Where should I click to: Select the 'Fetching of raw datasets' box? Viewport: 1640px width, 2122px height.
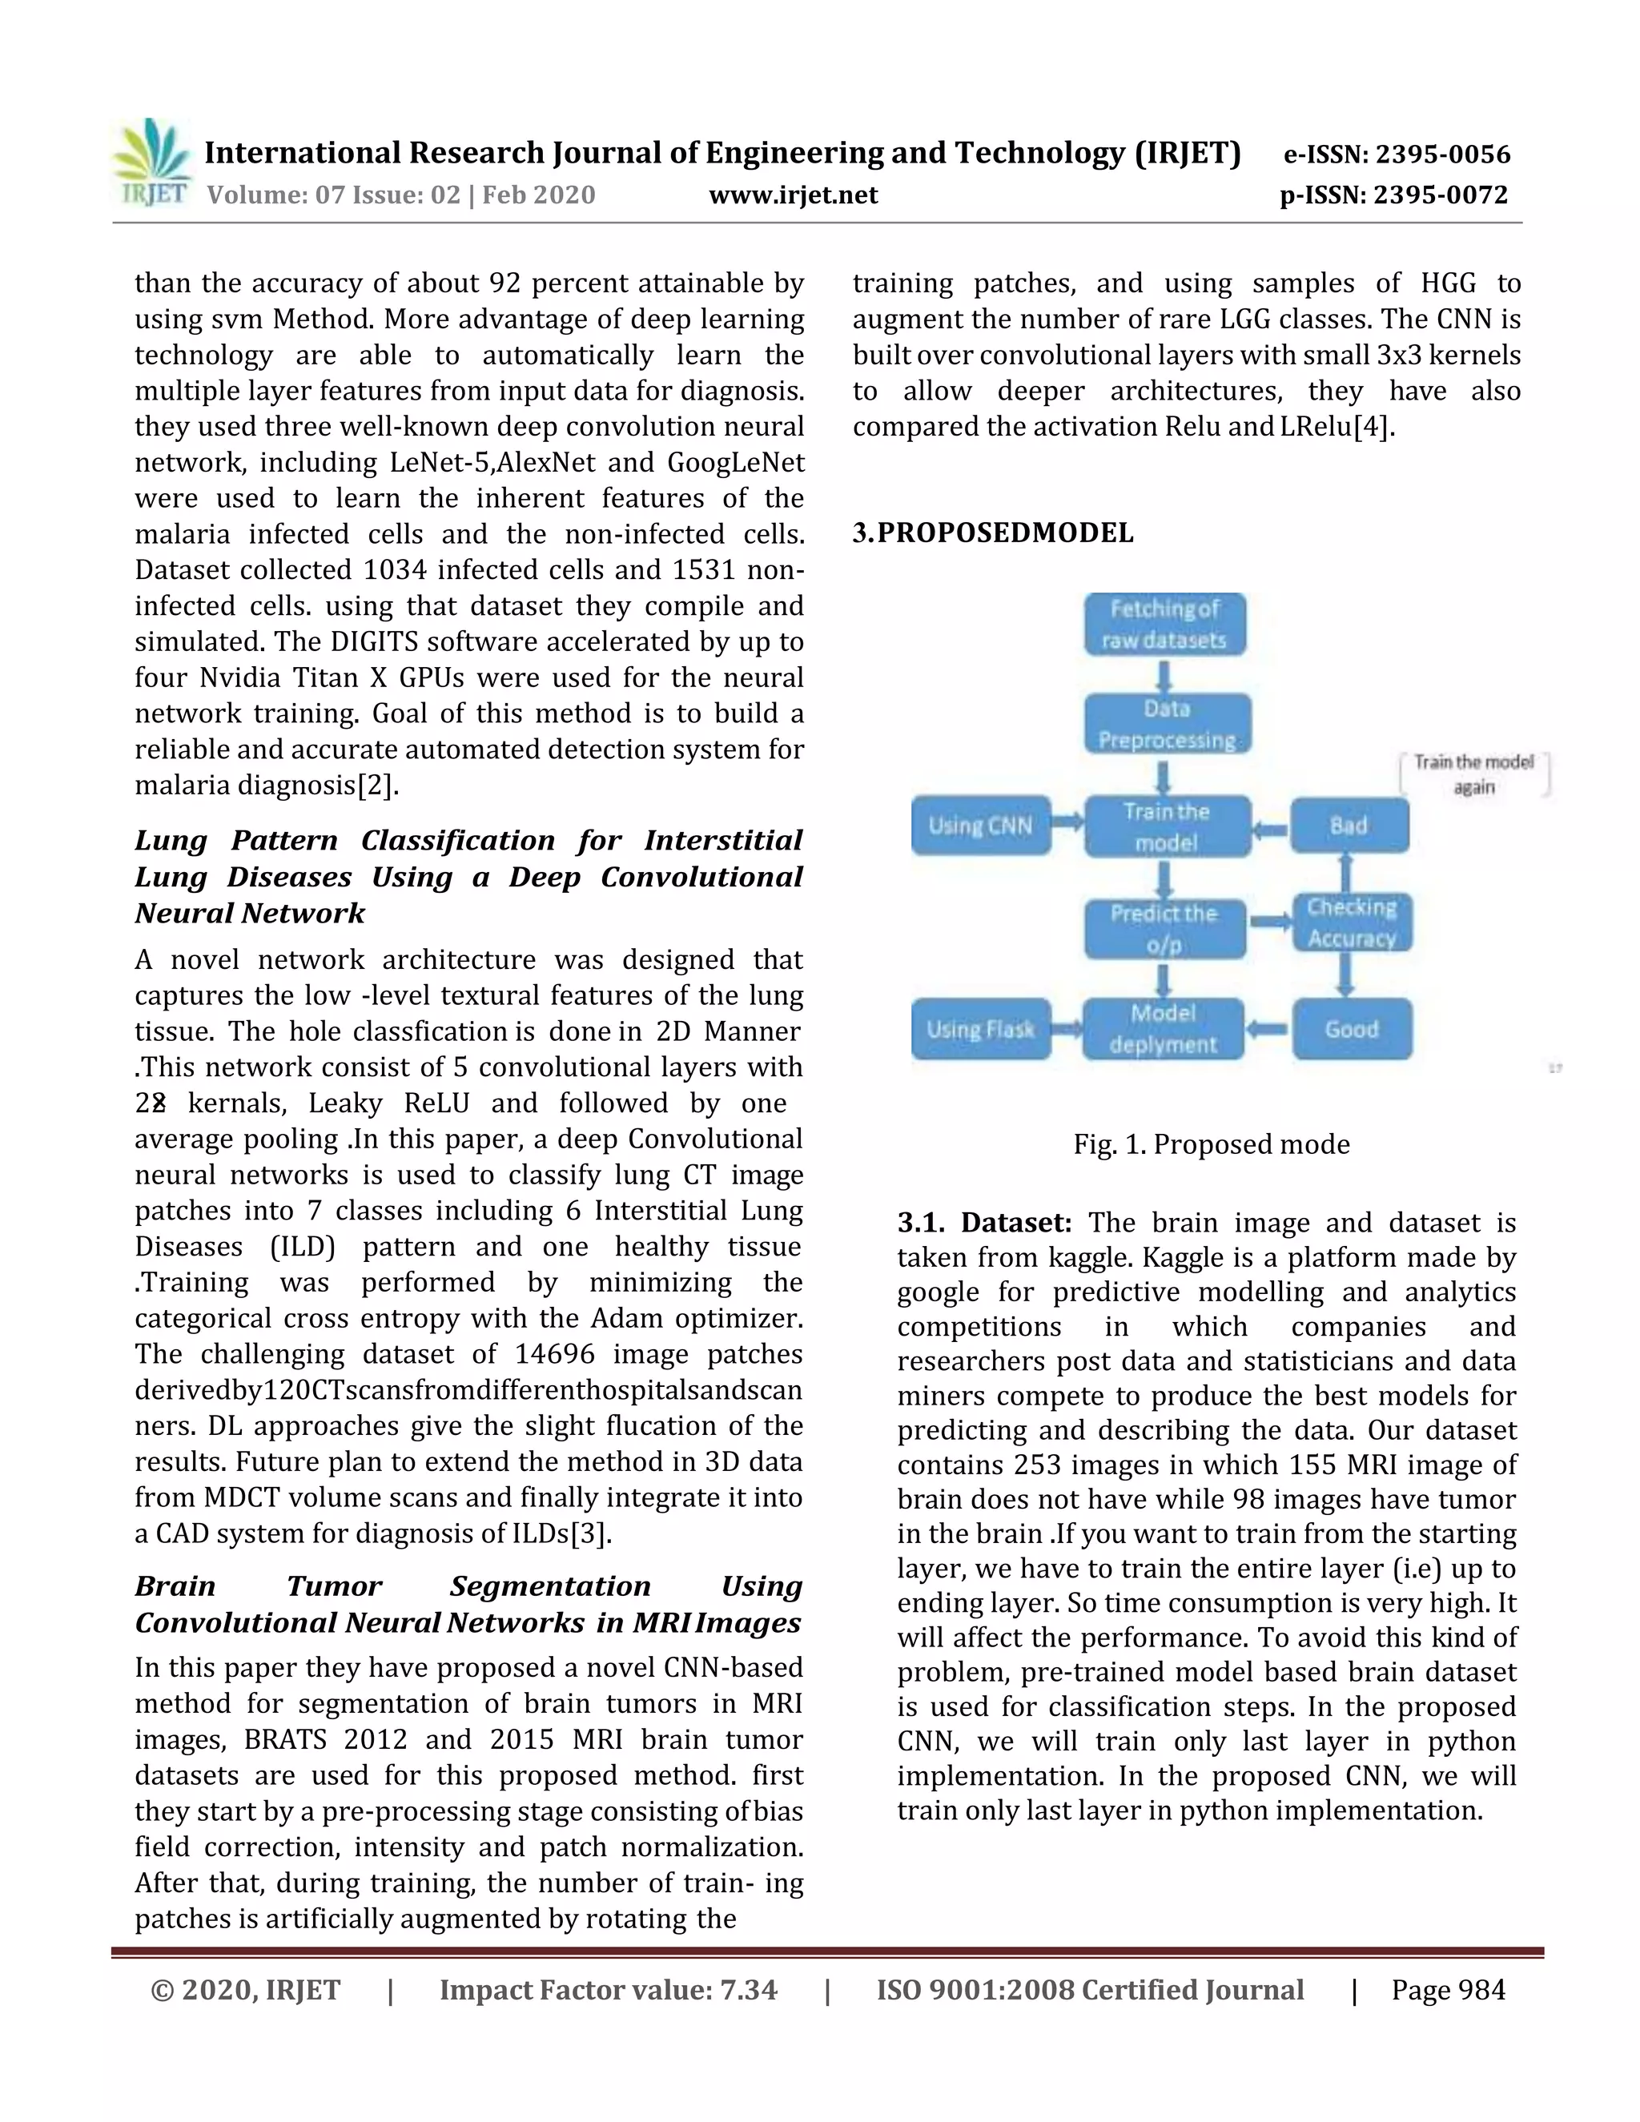(x=1165, y=624)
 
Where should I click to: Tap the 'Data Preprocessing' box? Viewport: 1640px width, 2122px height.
(x=1167, y=724)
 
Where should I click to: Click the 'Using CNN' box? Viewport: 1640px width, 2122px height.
(x=980, y=826)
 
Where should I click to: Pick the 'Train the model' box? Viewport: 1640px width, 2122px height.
(x=1167, y=827)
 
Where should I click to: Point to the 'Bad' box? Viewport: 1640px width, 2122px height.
(x=1349, y=826)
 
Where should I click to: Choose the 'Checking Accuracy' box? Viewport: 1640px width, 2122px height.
(x=1352, y=922)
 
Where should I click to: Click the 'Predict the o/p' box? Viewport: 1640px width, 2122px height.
(x=1164, y=928)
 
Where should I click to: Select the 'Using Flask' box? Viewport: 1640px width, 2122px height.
(x=980, y=1029)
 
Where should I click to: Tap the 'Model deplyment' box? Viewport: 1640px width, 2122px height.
(x=1163, y=1029)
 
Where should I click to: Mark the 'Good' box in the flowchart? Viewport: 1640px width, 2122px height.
(x=1352, y=1029)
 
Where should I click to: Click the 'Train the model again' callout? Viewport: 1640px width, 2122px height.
(x=1474, y=774)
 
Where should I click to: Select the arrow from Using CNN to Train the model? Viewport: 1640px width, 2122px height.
(x=1067, y=823)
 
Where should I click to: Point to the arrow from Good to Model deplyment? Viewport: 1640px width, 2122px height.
(x=1268, y=1028)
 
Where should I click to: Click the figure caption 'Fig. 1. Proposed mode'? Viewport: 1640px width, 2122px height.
(x=1212, y=1144)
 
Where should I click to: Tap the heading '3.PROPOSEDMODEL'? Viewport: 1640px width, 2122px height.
(x=993, y=533)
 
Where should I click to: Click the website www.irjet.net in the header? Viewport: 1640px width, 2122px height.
(x=793, y=195)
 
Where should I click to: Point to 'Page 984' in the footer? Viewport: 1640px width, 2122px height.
(x=1448, y=1990)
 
